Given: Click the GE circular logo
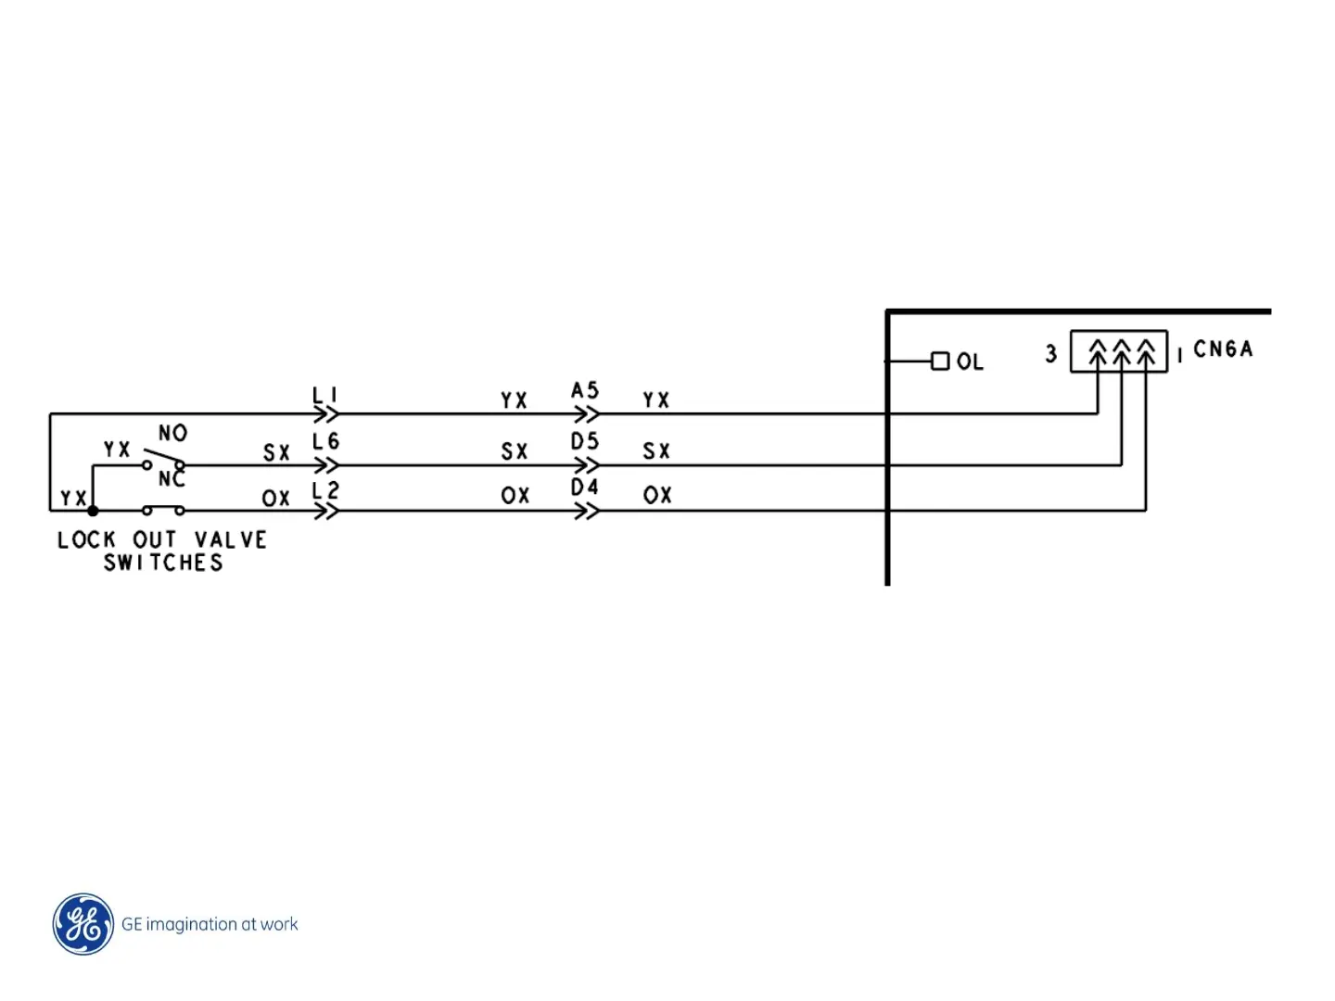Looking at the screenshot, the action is (83, 924).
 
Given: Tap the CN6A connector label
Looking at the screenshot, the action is (1223, 349).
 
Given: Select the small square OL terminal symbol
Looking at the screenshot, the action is (940, 361).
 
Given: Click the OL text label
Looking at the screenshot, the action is (970, 361).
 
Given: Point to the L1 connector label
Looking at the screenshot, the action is (324, 395).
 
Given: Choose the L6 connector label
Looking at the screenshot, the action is (325, 442).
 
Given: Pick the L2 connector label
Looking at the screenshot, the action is (325, 489).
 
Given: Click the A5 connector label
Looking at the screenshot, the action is (585, 390).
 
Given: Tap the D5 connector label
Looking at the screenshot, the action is (585, 441).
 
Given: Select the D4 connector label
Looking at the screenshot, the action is (585, 488).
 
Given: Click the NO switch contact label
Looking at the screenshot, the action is (173, 433).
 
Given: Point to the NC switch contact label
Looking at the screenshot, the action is (172, 479).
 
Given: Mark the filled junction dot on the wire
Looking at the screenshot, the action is (93, 511).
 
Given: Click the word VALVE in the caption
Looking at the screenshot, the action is (231, 539).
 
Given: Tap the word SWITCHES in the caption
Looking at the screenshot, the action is (163, 563).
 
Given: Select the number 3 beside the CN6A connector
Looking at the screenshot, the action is (1051, 354).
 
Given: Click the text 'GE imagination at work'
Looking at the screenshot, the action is (210, 924).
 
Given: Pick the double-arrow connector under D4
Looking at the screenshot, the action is (587, 511).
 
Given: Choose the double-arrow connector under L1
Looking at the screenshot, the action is (326, 414).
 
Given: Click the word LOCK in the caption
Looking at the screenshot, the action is (86, 539).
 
